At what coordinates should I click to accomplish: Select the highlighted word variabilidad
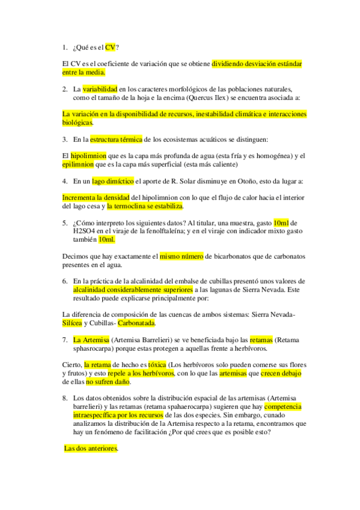point(100,89)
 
